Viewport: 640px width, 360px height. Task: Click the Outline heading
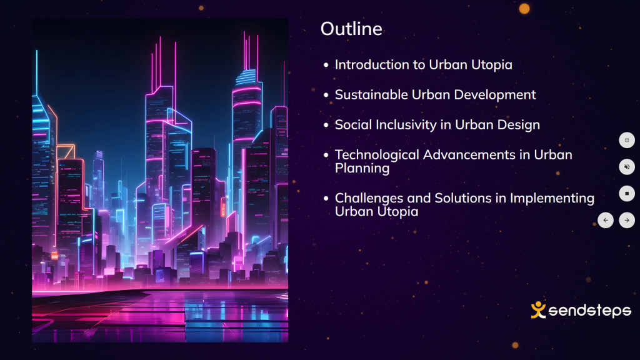coord(351,29)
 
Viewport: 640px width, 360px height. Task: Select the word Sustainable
coord(371,95)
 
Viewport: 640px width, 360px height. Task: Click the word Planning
coord(362,168)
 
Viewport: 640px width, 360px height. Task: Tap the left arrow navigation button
coord(606,221)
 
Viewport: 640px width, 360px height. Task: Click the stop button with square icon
coord(627,194)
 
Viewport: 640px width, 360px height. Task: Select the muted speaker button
coord(627,167)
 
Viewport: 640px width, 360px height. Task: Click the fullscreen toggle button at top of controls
coord(627,140)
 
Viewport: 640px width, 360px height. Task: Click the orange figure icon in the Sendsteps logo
coord(538,310)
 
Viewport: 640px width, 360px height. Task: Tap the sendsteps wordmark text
coord(590,311)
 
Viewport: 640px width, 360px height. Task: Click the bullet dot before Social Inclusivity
coord(326,125)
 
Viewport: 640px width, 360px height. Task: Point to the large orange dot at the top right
coord(524,9)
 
